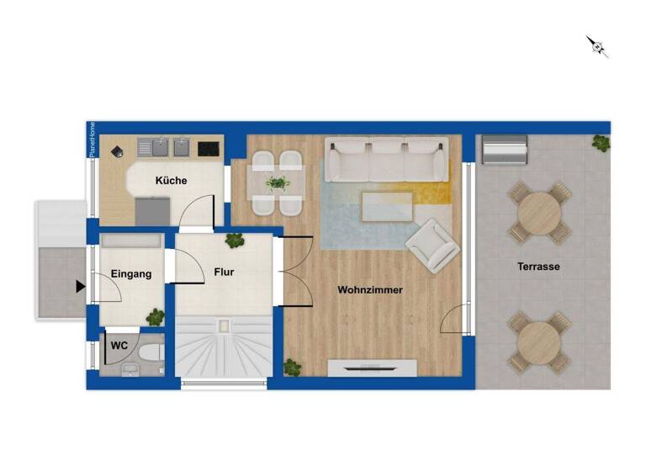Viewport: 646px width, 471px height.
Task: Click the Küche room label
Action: point(171,181)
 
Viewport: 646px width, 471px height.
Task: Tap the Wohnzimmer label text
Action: point(370,290)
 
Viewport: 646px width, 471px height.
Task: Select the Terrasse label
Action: point(538,267)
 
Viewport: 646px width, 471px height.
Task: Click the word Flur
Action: point(224,273)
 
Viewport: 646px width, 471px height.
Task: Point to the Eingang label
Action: point(131,273)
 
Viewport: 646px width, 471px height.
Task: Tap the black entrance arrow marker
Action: point(81,287)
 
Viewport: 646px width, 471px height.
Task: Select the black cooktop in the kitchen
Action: point(209,149)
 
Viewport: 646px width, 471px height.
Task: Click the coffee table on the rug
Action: point(387,204)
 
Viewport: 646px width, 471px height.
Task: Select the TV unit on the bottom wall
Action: point(371,367)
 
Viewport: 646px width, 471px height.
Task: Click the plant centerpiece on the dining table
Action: point(277,183)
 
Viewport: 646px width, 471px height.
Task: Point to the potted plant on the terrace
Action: point(601,143)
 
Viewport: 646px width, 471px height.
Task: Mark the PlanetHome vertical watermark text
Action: point(93,140)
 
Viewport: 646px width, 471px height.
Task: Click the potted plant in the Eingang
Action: point(156,317)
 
